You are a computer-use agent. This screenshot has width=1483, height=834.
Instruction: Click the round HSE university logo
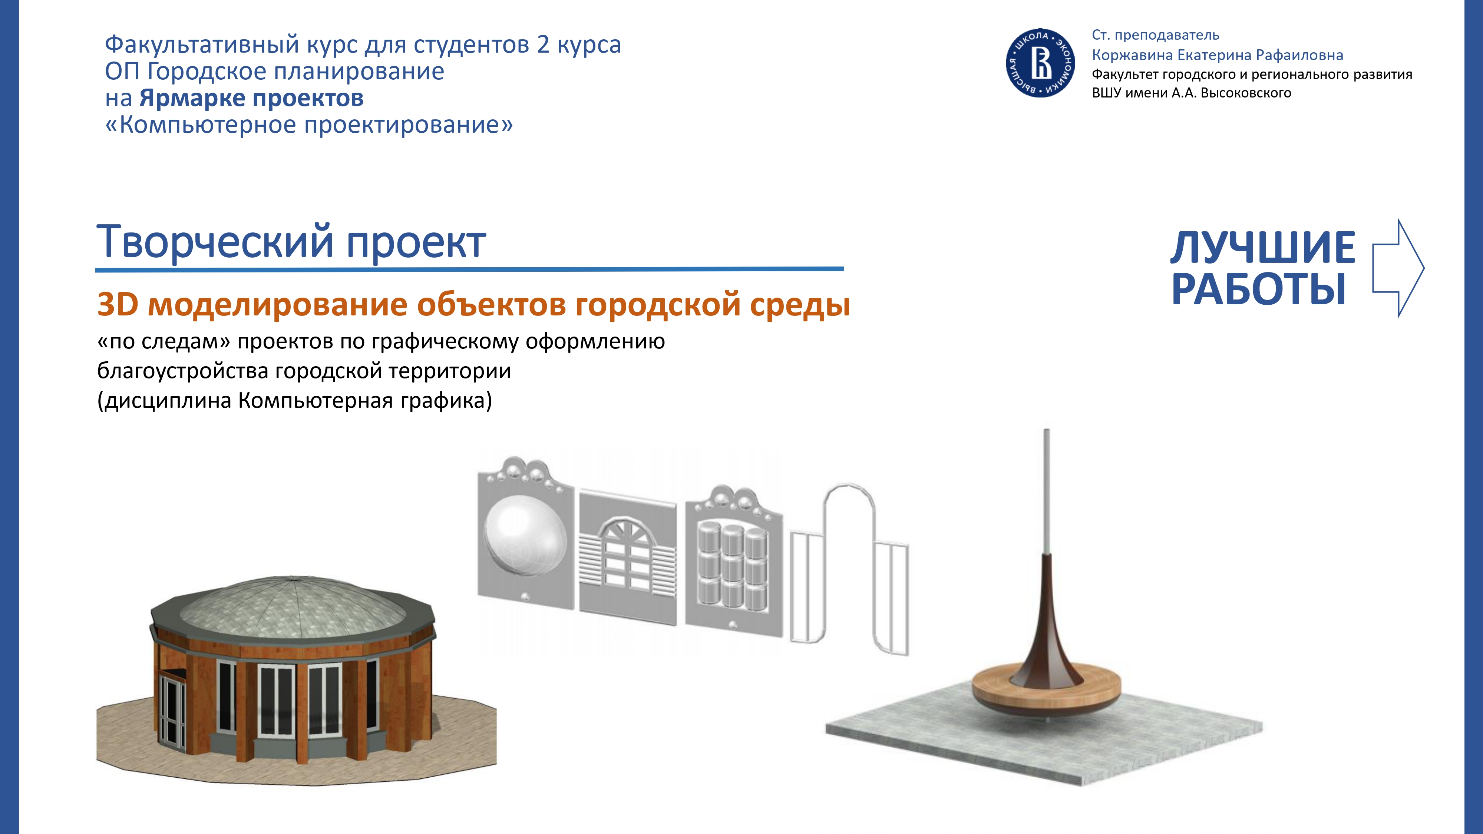(x=1041, y=63)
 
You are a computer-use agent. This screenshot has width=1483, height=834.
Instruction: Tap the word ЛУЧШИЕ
(x=1263, y=248)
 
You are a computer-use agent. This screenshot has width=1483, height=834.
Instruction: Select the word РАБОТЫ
(x=1259, y=289)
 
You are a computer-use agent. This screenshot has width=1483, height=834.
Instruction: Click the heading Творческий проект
(x=291, y=242)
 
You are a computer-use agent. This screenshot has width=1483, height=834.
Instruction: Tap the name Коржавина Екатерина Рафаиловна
(x=1218, y=55)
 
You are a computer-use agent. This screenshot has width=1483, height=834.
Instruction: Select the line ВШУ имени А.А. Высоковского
(x=1192, y=93)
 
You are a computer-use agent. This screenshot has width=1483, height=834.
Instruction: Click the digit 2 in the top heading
(x=543, y=45)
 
